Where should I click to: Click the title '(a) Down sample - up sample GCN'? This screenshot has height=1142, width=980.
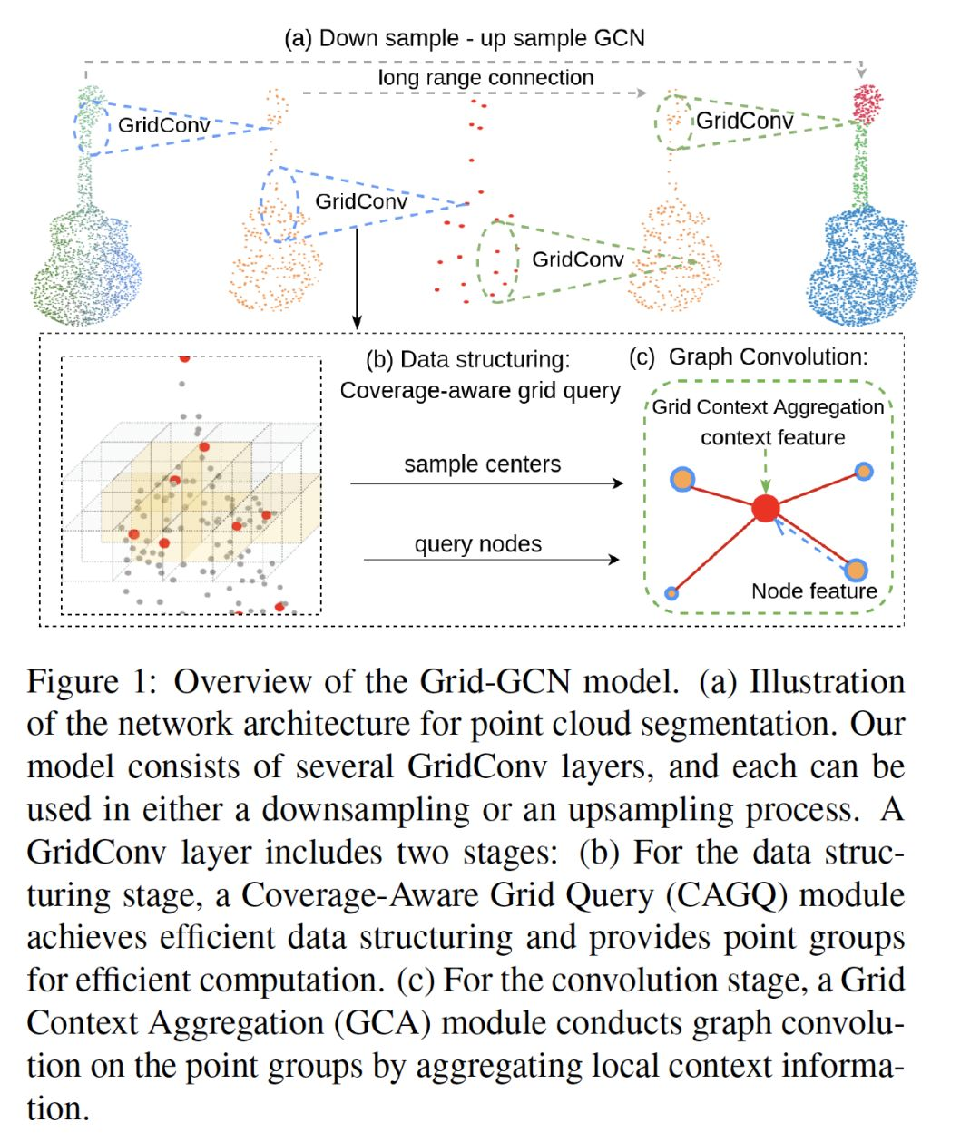pyautogui.click(x=465, y=38)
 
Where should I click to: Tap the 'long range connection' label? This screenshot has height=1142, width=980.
pyautogui.click(x=485, y=78)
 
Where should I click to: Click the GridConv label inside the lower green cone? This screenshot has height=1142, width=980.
pyautogui.click(x=578, y=259)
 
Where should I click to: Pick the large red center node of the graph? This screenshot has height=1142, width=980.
pyautogui.click(x=766, y=508)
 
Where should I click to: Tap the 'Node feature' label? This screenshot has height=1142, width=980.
pyautogui.click(x=814, y=591)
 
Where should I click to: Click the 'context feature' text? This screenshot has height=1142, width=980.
pyautogui.click(x=772, y=437)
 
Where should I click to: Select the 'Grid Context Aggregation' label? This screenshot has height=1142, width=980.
pyautogui.click(x=768, y=407)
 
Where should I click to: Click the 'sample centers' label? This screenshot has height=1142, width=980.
pyautogui.click(x=482, y=464)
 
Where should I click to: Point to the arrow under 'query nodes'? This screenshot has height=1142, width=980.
pyautogui.click(x=491, y=560)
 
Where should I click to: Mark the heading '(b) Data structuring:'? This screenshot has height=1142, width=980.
pyautogui.click(x=468, y=359)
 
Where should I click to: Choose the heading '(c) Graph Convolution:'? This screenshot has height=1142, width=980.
pyautogui.click(x=749, y=357)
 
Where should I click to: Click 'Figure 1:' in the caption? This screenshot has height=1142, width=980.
pyautogui.click(x=93, y=681)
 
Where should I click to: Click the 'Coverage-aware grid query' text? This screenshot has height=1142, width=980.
pyautogui.click(x=480, y=391)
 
